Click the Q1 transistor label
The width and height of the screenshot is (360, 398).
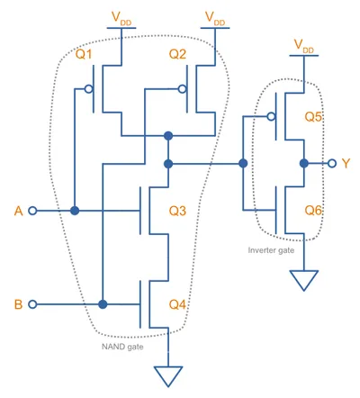84,54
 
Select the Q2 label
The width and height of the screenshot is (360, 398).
177,54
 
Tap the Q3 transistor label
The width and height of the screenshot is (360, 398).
177,211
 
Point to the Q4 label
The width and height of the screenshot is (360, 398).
177,304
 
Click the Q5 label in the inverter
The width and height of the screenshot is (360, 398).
313,117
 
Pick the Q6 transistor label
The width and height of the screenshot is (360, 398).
313,211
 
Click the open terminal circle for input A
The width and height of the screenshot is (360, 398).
32,211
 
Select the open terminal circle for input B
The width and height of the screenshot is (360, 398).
32,304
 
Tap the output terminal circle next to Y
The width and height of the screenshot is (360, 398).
332,164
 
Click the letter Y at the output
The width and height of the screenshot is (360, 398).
346,164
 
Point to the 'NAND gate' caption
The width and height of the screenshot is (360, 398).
122,347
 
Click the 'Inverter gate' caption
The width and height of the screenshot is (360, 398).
271,250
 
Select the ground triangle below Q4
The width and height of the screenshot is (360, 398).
168,376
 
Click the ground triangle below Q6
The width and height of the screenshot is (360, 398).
304,280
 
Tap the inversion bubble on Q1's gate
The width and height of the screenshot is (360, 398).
88,89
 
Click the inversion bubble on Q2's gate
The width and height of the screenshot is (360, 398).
182,89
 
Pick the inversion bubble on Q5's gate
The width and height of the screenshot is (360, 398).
271,116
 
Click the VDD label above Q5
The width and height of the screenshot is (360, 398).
303,46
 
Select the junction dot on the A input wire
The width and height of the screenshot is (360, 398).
75,211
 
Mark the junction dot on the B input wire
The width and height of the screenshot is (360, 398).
103,304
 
